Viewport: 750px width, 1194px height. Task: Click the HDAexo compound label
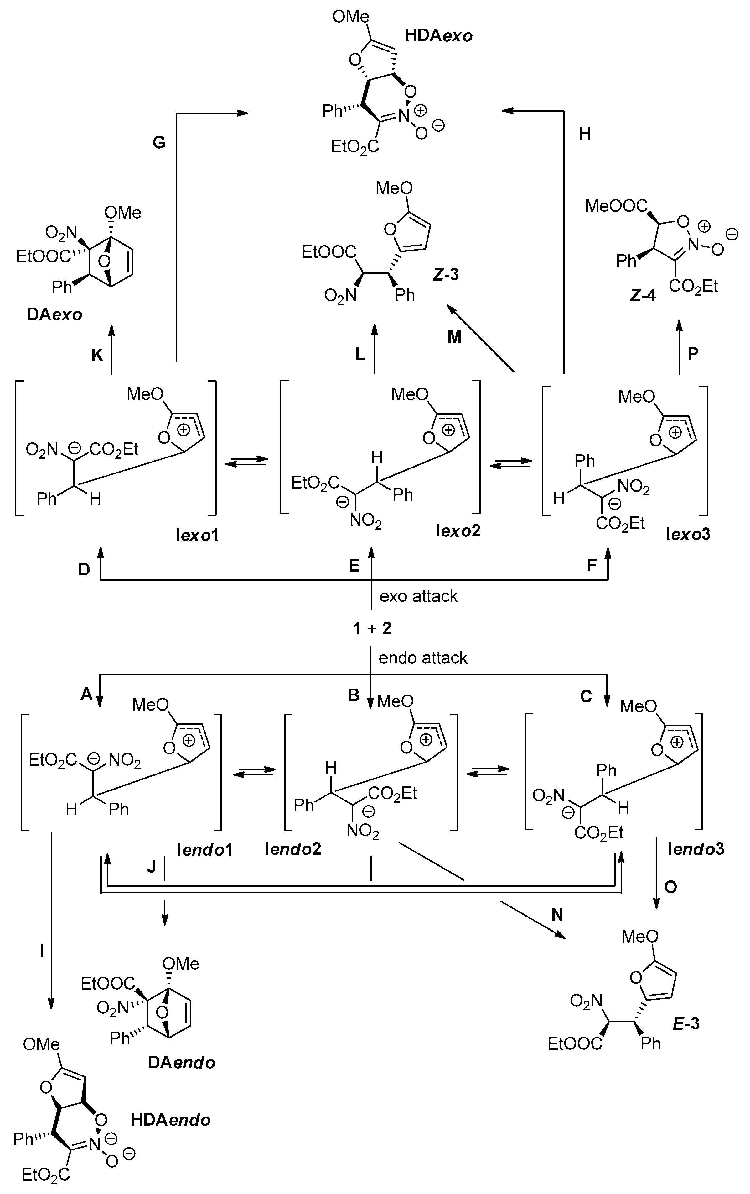point(438,36)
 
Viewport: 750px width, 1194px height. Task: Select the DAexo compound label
point(54,315)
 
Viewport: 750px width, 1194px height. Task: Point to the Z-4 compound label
point(643,296)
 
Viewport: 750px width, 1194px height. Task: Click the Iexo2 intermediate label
point(458,531)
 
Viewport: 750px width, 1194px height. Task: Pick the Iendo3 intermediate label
point(696,848)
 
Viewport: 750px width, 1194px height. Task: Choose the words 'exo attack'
point(419,596)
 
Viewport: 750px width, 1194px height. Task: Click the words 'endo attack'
point(422,658)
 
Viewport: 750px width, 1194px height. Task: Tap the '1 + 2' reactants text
point(372,629)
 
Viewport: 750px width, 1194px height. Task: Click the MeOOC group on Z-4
point(616,206)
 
